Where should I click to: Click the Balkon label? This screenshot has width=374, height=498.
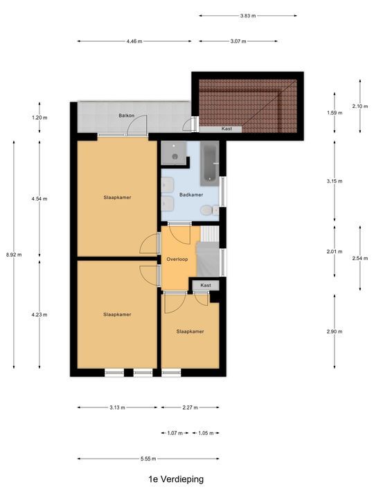tap(127, 116)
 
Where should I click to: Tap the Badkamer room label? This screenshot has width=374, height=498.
tap(191, 194)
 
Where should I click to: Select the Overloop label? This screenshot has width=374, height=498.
tap(177, 259)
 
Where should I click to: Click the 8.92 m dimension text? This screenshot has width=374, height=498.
tap(14, 255)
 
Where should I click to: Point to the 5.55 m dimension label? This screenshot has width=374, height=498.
tap(148, 459)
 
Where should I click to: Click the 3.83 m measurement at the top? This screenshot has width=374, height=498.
tap(248, 15)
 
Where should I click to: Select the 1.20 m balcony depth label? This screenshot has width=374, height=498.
tap(39, 118)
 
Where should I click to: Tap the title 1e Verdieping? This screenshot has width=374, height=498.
tap(176, 479)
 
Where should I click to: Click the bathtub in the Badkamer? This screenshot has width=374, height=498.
tap(210, 163)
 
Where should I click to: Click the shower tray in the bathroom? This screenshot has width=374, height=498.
tap(174, 153)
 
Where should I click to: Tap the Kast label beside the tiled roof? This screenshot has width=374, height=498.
tap(226, 129)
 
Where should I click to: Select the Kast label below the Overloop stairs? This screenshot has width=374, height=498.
tap(206, 285)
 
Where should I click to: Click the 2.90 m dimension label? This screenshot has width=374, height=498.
tap(335, 331)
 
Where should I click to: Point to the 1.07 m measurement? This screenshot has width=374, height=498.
tap(175, 433)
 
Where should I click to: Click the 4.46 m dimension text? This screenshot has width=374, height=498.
tap(134, 41)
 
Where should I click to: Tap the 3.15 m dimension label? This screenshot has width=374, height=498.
tap(335, 181)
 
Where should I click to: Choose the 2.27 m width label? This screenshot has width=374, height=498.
tap(190, 407)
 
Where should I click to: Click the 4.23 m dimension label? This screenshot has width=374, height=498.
tap(39, 315)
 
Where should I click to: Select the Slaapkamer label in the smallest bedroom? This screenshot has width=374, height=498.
tap(190, 331)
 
